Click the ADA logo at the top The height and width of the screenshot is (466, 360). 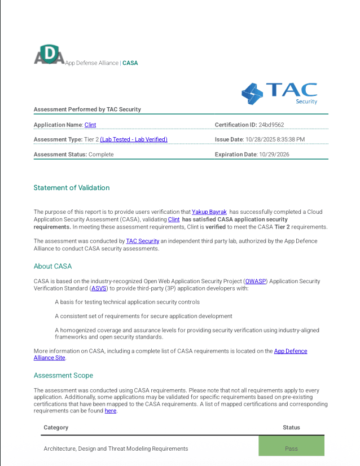(49, 55)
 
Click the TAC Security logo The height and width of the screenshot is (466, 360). (279, 94)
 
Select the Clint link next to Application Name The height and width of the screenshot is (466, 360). (90, 125)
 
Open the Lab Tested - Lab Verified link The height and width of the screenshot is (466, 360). (134, 139)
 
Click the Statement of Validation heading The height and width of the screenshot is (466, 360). (72, 188)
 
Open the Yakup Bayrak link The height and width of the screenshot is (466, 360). (209, 212)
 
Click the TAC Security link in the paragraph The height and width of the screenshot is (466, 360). (143, 241)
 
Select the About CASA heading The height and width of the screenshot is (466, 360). (52, 266)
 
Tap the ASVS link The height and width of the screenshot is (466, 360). (99, 288)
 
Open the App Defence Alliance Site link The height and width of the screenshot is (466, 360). (291, 351)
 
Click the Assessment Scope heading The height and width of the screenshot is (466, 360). (63, 375)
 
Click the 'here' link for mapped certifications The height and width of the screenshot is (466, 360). (110, 411)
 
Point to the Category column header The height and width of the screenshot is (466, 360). (56, 428)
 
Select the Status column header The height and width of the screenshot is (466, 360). (291, 428)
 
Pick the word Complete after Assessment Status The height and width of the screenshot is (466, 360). (101, 154)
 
